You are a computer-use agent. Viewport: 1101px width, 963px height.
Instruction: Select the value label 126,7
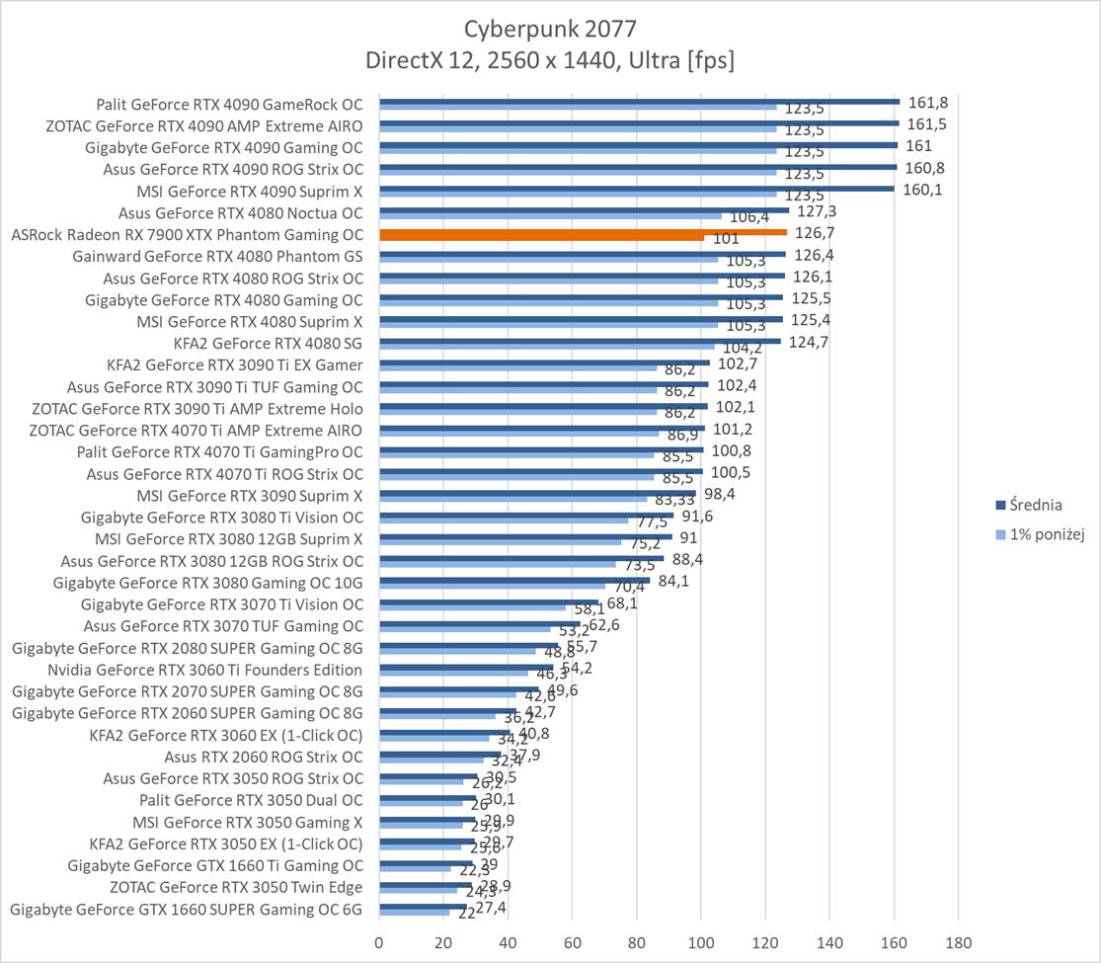click(815, 234)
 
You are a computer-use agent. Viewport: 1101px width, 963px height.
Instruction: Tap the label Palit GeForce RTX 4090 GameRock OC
click(229, 104)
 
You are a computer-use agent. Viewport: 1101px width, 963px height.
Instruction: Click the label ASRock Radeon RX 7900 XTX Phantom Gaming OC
click(187, 235)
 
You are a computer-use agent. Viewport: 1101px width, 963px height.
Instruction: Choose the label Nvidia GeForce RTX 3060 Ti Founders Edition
click(204, 670)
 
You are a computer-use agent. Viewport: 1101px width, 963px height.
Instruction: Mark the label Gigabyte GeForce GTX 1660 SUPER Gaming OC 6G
click(187, 910)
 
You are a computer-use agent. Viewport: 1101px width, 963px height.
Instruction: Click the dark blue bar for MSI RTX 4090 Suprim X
click(636, 187)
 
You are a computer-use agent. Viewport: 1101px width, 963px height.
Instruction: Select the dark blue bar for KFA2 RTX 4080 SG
click(580, 340)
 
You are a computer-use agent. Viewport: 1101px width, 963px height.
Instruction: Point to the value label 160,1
click(922, 190)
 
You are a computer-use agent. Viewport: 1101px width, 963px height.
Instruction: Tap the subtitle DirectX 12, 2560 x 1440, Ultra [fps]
click(550, 60)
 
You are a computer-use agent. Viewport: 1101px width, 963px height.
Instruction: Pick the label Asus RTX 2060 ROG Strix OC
click(264, 758)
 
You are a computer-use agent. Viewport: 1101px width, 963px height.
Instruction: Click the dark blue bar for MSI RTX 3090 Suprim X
click(537, 492)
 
